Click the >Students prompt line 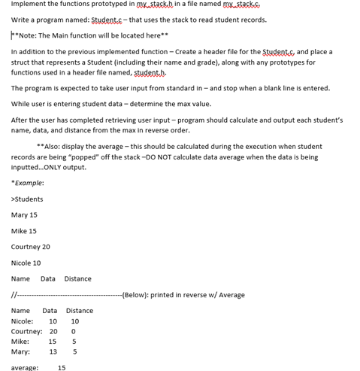pyautogui.click(x=27, y=199)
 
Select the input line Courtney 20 pyautogui.click(x=31, y=247)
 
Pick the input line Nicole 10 pyautogui.click(x=26, y=263)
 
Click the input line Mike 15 pyautogui.click(x=24, y=231)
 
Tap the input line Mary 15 pyautogui.click(x=24, y=215)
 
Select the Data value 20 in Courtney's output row pyautogui.click(x=53, y=331)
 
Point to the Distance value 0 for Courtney pyautogui.click(x=74, y=331)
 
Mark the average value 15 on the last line pyautogui.click(x=62, y=367)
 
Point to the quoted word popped pyautogui.click(x=103, y=157)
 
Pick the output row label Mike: pyautogui.click(x=20, y=342)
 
